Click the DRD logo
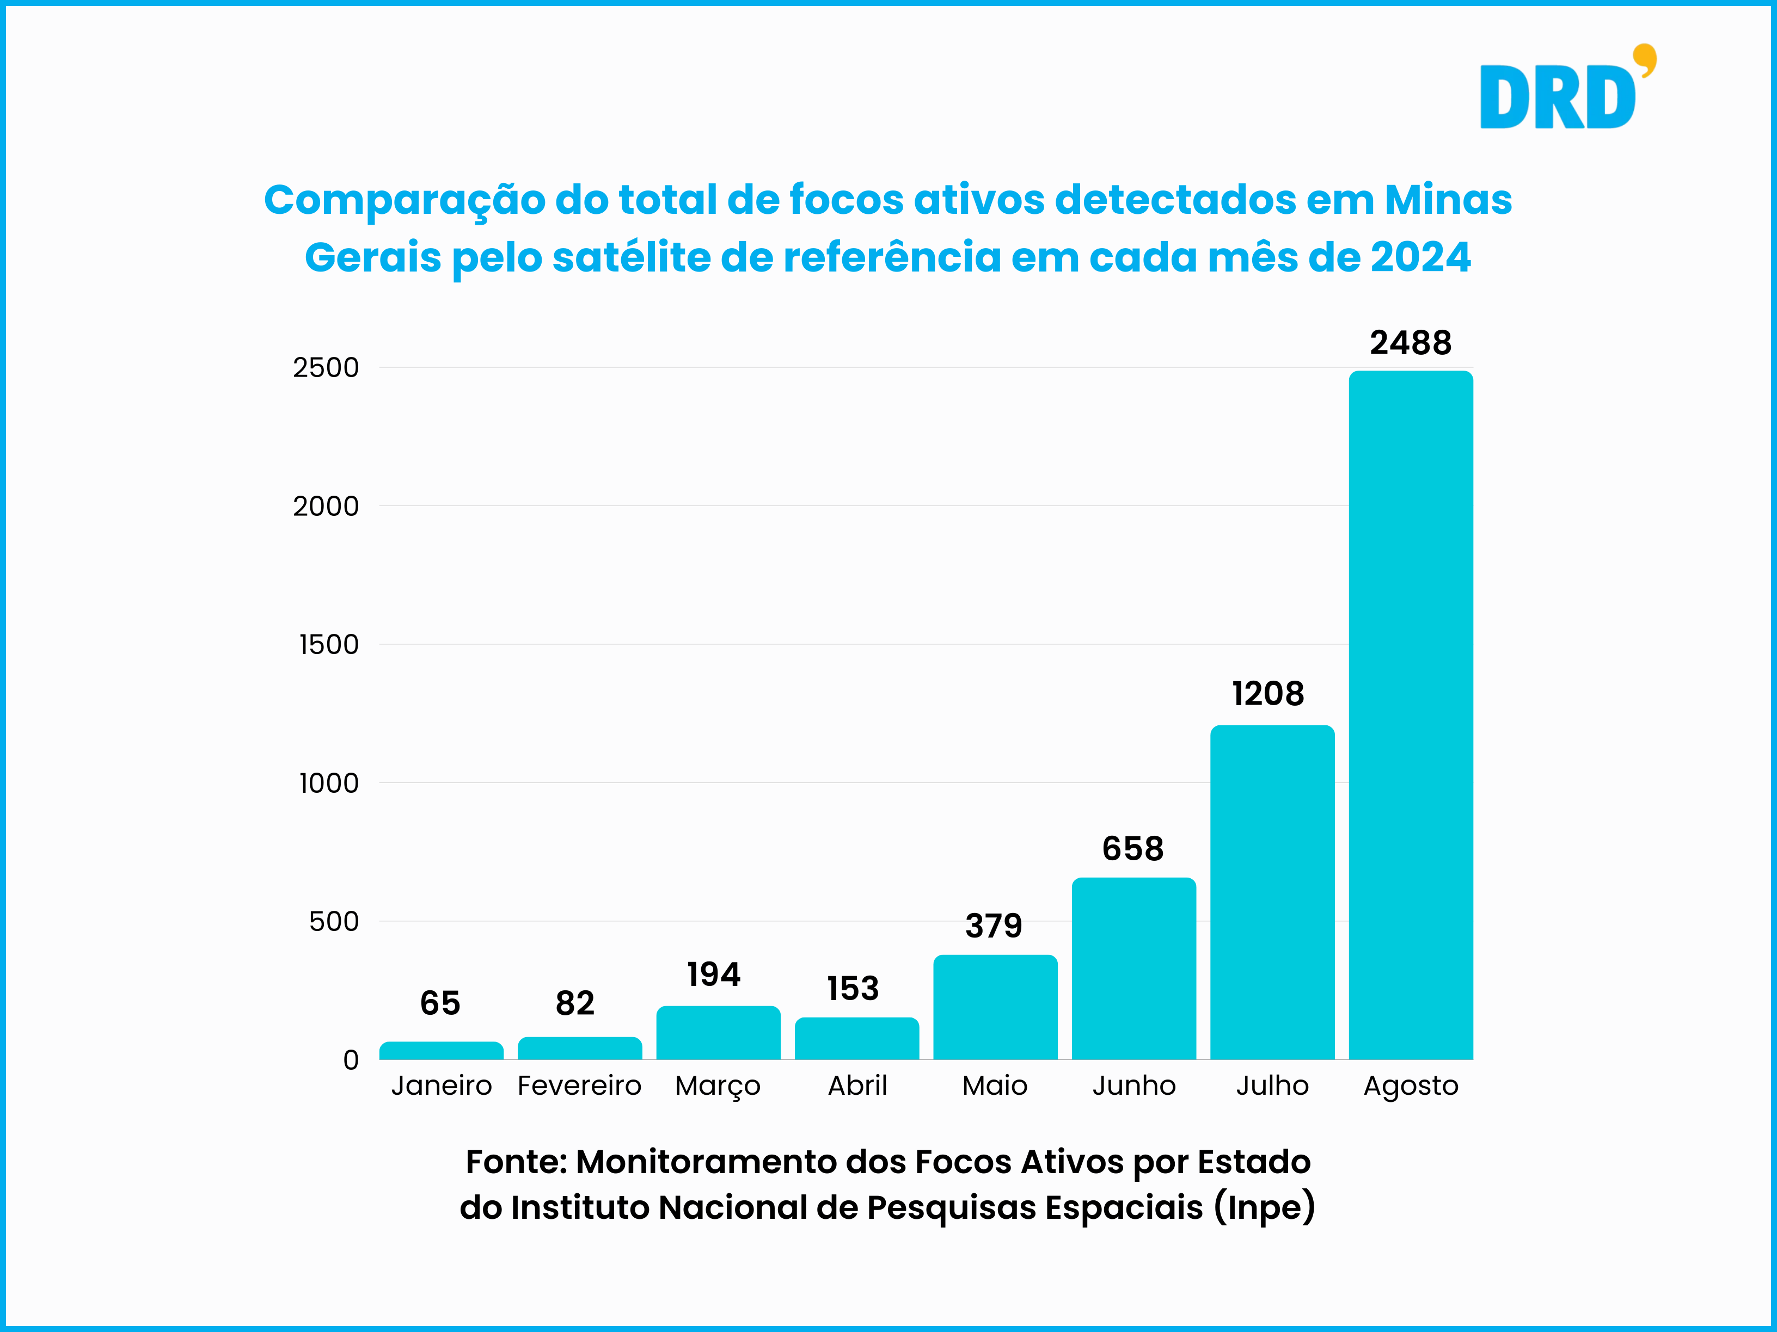coord(1559,96)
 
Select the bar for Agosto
coord(1411,714)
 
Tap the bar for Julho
coord(1272,891)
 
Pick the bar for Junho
coord(1133,967)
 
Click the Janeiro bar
coord(441,1050)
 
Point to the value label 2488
coord(1411,343)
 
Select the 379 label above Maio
coord(994,926)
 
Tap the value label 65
coord(440,1003)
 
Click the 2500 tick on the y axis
coord(326,368)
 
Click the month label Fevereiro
coord(579,1086)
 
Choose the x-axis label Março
coord(718,1086)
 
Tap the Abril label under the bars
coord(857,1086)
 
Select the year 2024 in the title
coord(1420,258)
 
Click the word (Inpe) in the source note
coord(1265,1207)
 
